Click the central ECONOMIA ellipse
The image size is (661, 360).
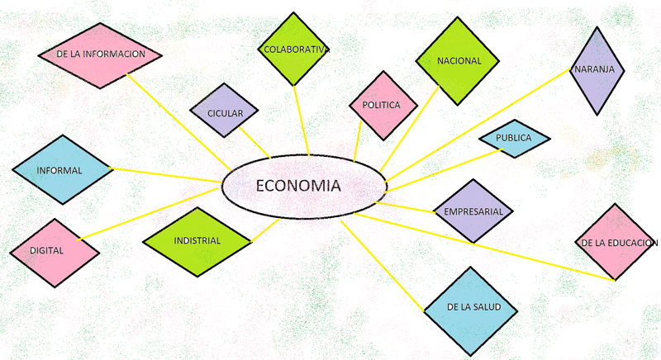click(304, 187)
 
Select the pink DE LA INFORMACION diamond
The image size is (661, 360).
click(100, 55)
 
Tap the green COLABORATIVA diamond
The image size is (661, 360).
click(293, 49)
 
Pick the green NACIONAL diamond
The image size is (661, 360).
click(458, 61)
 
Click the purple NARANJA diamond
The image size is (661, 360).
click(597, 71)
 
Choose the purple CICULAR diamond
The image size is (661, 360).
click(224, 111)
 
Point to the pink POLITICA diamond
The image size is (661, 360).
click(383, 105)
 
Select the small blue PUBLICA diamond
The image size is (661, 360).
click(514, 139)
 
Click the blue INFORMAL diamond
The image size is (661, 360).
click(63, 170)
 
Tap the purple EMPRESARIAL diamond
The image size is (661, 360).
click(473, 211)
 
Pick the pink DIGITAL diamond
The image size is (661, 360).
click(55, 253)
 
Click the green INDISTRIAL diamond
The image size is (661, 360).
click(197, 242)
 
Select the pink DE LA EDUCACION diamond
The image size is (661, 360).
click(615, 242)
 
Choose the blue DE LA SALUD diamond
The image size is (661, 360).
click(470, 311)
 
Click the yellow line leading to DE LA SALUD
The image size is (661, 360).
click(383, 266)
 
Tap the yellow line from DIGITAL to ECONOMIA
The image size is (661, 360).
click(150, 214)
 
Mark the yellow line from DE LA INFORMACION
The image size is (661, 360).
click(178, 122)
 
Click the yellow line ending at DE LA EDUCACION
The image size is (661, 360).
click(484, 247)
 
